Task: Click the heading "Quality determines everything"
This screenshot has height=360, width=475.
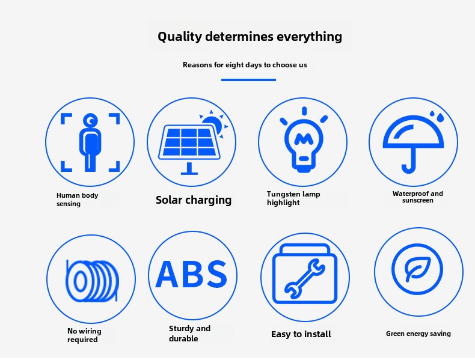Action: point(250,37)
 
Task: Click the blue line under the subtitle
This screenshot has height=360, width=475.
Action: point(248,80)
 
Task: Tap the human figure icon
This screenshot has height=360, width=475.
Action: point(90,142)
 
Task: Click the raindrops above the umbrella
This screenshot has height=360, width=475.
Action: point(437,116)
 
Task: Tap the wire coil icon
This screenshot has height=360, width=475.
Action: point(92,281)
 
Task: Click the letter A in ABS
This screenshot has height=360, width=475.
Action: point(167,274)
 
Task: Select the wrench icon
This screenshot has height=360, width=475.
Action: point(305,278)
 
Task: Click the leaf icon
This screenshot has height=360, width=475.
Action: point(417,269)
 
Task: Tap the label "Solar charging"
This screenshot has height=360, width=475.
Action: point(194,200)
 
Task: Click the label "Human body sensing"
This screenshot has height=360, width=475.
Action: point(77,200)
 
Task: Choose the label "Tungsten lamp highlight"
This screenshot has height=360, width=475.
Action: point(293,198)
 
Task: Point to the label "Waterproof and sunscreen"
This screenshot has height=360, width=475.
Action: point(417,197)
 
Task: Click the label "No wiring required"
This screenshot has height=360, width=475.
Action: point(84,335)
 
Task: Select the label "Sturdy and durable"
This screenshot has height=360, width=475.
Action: point(189,334)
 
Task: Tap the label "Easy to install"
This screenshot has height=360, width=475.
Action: point(301,334)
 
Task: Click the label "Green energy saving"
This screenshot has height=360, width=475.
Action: point(418,334)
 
